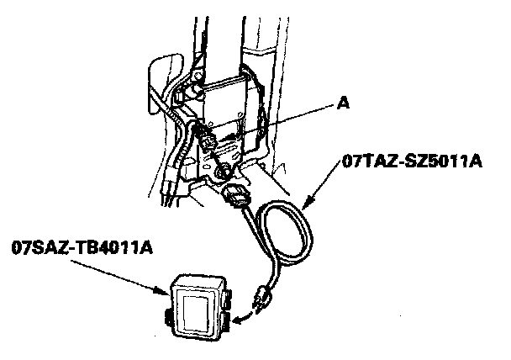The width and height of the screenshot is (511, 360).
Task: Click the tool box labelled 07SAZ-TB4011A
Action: pyautogui.click(x=199, y=306)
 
